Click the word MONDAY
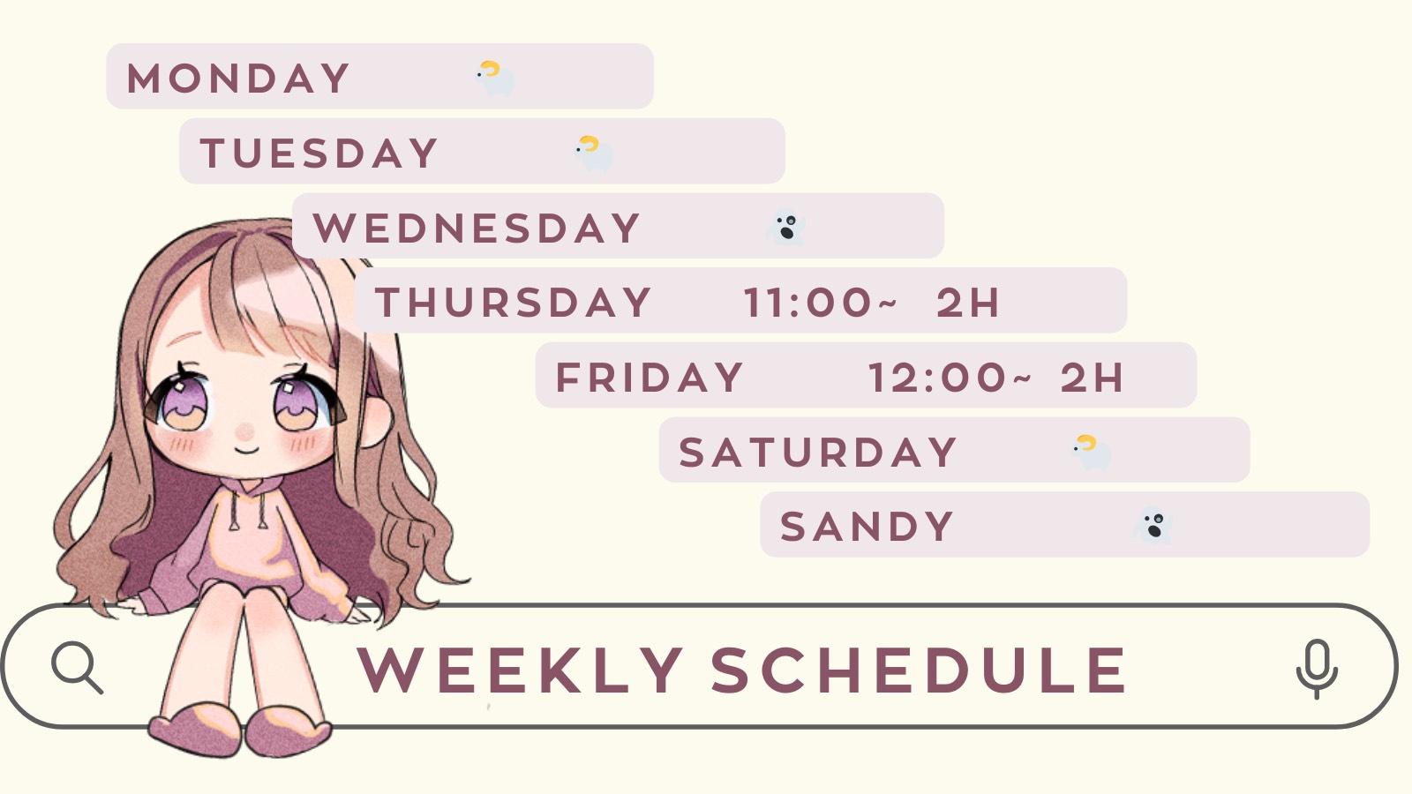point(237,79)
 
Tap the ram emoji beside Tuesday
point(594,154)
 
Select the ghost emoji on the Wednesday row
point(785,228)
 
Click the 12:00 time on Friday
point(950,378)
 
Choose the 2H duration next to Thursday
point(968,303)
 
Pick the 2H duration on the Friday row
point(1092,378)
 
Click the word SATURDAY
point(817,452)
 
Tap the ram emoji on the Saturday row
point(1092,453)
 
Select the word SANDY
point(867,526)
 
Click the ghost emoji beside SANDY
point(1153,526)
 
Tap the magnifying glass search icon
point(77,668)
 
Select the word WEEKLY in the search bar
point(520,670)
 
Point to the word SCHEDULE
point(919,670)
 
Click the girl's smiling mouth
point(246,450)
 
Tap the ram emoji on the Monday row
point(495,79)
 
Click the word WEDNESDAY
point(477,228)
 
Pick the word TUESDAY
point(319,154)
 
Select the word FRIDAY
point(650,378)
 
